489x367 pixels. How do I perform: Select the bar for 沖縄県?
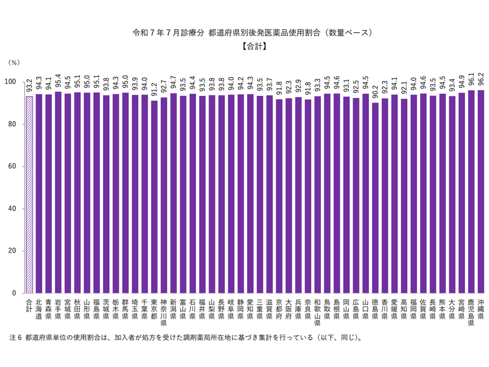point(480,192)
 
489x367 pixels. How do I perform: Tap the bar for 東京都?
point(154,197)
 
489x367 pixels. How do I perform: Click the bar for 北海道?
point(39,194)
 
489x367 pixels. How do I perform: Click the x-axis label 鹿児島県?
point(471,312)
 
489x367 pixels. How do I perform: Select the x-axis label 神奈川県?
point(164,312)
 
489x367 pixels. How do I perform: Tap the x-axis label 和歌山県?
point(317,312)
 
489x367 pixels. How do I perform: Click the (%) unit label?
point(15,62)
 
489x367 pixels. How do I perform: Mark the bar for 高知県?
point(404,196)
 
